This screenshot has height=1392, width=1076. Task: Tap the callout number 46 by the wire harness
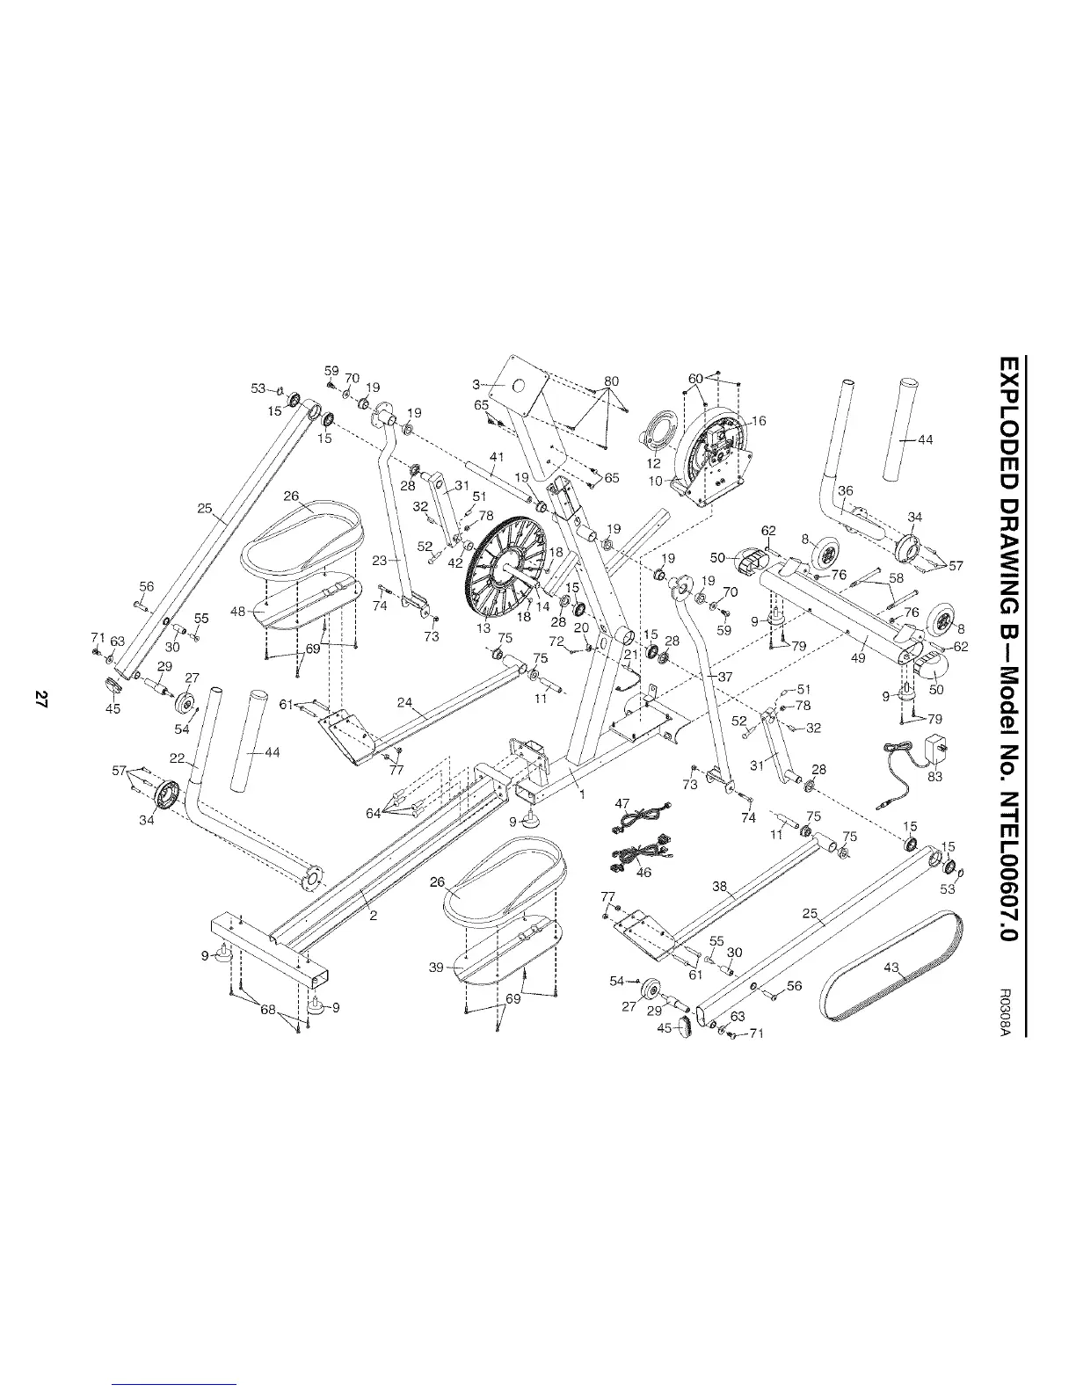click(644, 874)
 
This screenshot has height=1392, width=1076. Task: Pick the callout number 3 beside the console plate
click(476, 384)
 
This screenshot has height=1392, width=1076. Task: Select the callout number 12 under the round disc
click(653, 463)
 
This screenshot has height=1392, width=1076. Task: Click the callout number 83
click(935, 777)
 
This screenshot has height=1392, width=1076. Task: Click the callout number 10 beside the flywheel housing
click(655, 481)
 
